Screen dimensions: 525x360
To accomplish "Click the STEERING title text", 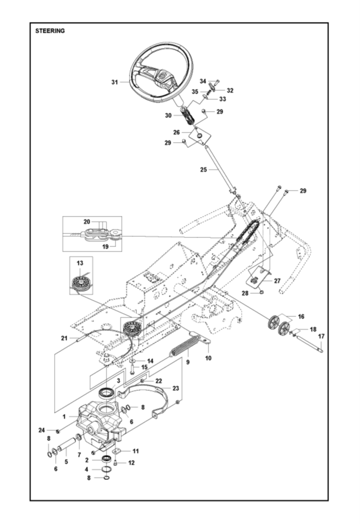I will (50, 31).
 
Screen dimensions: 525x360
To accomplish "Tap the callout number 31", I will (115, 82).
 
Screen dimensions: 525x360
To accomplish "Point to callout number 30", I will (168, 115).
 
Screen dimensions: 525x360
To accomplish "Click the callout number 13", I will (79, 263).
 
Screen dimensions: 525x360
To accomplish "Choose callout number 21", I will (65, 337).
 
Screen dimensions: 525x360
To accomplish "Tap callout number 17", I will (321, 337).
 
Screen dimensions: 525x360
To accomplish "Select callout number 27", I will (276, 280).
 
